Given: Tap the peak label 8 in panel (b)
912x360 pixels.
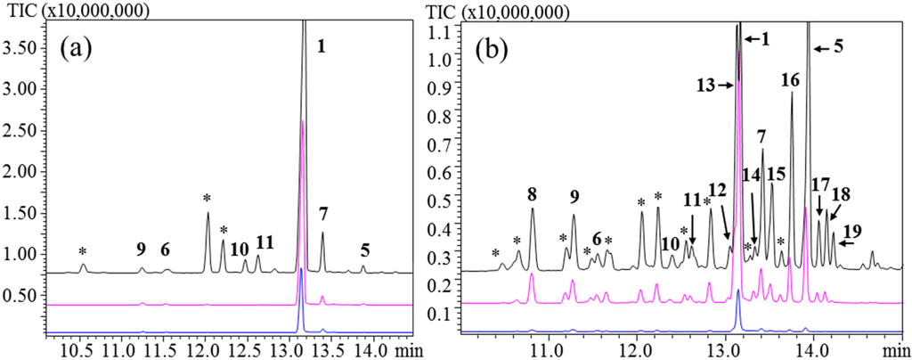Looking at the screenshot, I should (532, 195).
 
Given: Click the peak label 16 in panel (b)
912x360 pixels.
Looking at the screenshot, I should (790, 80).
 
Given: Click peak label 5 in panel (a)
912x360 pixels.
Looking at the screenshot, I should (364, 249).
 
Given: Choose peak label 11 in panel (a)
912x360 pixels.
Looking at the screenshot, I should (265, 241).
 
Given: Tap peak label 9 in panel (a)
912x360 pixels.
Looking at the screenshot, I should (141, 249).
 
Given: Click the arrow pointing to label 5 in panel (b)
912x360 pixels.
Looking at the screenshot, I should (821, 47).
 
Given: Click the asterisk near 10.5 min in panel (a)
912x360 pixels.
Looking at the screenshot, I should (83, 252).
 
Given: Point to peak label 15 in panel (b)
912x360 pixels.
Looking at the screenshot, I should (776, 175).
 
